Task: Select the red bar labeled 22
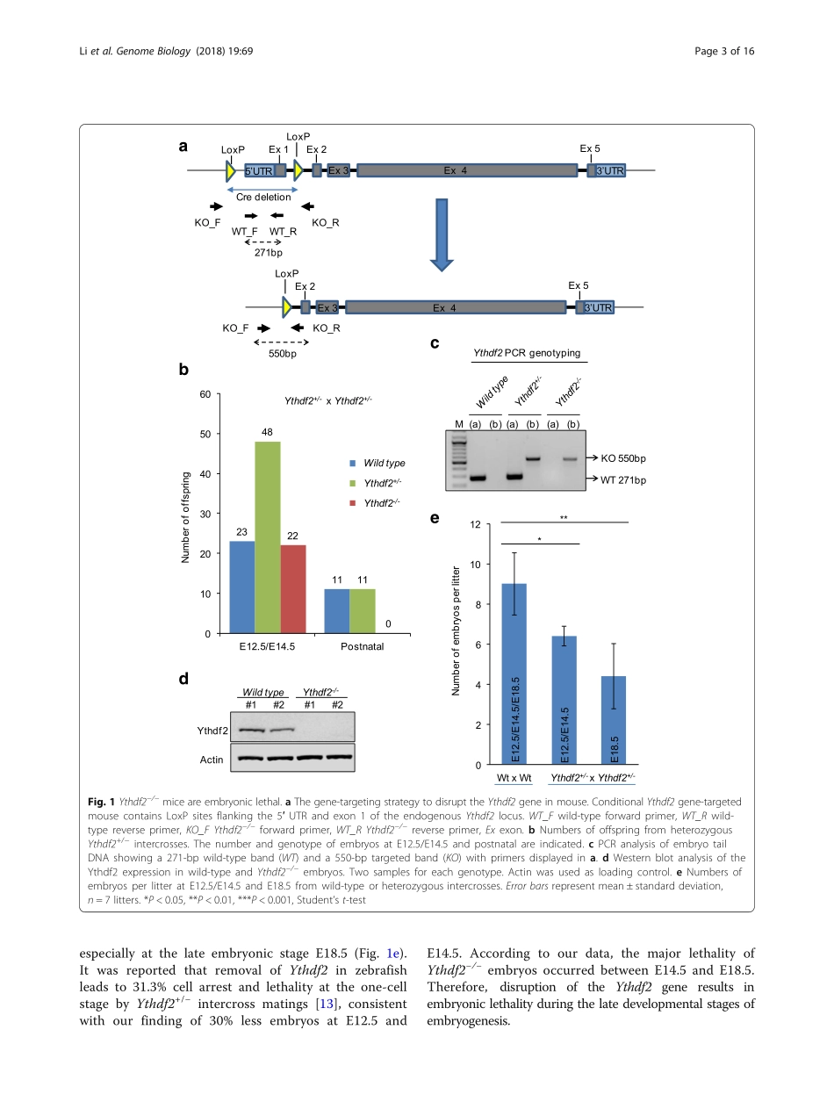[293, 588]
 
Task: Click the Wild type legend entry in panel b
[384, 463]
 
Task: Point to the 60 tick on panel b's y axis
[205, 394]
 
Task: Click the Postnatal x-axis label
[362, 647]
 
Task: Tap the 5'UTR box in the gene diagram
[259, 171]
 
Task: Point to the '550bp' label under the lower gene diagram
[282, 354]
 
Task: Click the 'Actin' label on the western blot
[212, 760]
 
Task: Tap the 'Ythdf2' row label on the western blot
[211, 730]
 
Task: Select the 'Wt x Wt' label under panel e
[514, 778]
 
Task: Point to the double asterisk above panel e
[564, 518]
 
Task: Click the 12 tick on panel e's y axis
[475, 525]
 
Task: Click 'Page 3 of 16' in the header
[724, 51]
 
